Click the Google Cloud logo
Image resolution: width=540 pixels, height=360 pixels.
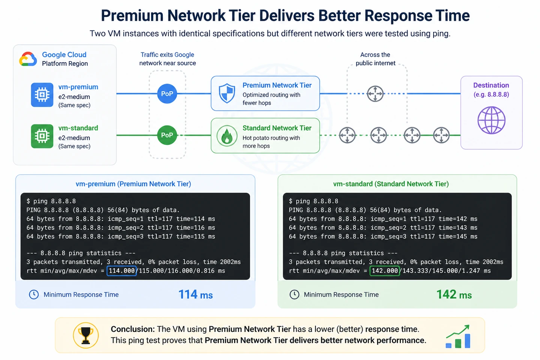(x=28, y=59)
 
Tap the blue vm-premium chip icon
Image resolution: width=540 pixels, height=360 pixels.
(x=42, y=95)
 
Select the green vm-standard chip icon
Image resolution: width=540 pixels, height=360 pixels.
(x=42, y=136)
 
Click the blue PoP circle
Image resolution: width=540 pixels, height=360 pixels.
(x=167, y=94)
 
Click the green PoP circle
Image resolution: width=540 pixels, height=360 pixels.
(x=167, y=135)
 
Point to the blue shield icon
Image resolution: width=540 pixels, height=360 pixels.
(x=227, y=93)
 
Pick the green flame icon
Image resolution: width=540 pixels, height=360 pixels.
(x=227, y=136)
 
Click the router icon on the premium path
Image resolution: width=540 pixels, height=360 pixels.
(x=375, y=94)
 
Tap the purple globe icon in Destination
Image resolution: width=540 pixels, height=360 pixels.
(x=491, y=120)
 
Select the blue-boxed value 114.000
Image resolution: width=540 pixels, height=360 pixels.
(x=122, y=271)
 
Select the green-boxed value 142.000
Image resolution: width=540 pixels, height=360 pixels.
(x=385, y=271)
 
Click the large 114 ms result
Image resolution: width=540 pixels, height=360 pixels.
(x=195, y=295)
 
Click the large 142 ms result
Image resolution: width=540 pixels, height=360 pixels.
(x=454, y=295)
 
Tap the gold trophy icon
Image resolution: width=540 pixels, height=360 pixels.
(x=86, y=335)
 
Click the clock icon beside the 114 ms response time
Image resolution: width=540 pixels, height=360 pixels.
(x=34, y=295)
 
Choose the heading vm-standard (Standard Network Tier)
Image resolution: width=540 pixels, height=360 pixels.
(x=391, y=184)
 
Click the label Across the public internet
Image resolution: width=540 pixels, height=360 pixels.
(x=375, y=59)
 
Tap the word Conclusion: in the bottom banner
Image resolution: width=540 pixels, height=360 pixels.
(x=133, y=329)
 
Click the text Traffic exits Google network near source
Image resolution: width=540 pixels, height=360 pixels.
(x=168, y=59)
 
